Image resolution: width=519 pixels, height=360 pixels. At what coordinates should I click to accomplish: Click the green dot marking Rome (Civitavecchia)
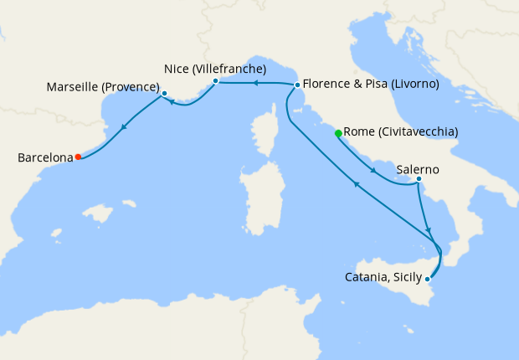pos(338,133)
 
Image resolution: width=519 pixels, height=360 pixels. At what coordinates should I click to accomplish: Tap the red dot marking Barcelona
pos(78,157)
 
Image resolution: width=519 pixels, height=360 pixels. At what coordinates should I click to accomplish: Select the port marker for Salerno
pos(419,179)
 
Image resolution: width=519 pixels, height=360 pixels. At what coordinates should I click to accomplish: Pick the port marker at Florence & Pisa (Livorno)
pos(297,85)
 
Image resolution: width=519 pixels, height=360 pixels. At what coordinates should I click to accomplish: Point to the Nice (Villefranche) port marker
pos(216,81)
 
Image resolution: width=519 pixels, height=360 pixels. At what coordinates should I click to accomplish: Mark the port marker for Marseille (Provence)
pos(164,94)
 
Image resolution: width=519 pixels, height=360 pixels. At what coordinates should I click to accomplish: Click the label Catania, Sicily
pos(383,277)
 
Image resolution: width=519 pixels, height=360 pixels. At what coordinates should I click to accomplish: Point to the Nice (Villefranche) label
pos(215,69)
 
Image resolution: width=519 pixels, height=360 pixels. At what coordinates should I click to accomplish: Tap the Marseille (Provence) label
pos(103,87)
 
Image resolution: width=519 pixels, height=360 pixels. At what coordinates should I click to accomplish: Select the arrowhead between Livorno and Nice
pos(257,83)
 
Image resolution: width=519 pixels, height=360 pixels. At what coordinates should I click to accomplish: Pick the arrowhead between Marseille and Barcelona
pos(124,127)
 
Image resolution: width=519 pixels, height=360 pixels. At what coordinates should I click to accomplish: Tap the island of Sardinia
pos(261,197)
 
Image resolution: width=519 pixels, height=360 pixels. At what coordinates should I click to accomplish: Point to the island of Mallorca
pos(100,214)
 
